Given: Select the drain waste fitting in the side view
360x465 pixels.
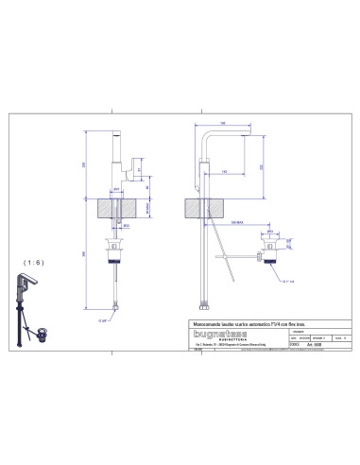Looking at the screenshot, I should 267,253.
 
